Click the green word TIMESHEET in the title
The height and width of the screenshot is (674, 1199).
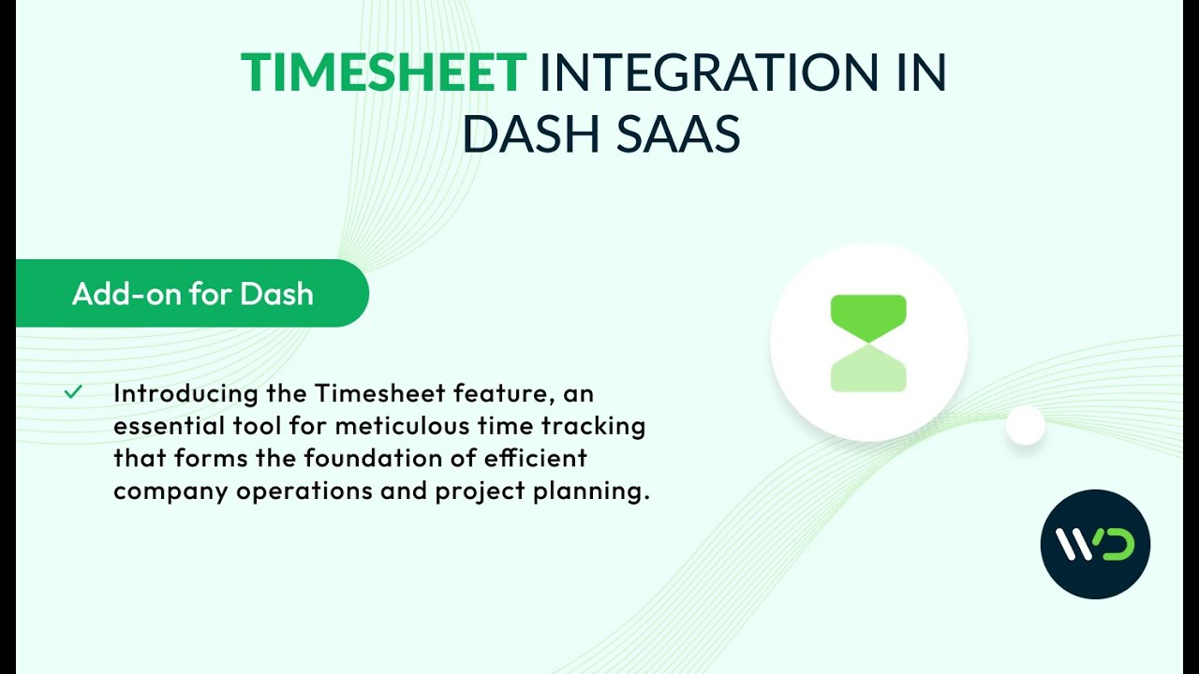point(383,73)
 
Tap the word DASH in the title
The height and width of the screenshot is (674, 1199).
point(530,134)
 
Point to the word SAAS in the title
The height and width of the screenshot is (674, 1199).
point(678,134)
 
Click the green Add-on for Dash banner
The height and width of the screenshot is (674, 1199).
point(193,294)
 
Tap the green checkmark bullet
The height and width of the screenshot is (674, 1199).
point(73,392)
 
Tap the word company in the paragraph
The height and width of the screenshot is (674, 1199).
point(170,491)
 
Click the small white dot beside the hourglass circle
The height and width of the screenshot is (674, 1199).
point(1025,426)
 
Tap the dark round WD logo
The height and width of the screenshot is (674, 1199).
point(1095,544)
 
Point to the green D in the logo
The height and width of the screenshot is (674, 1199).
point(1117,544)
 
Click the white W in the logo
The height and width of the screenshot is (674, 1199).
point(1075,544)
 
